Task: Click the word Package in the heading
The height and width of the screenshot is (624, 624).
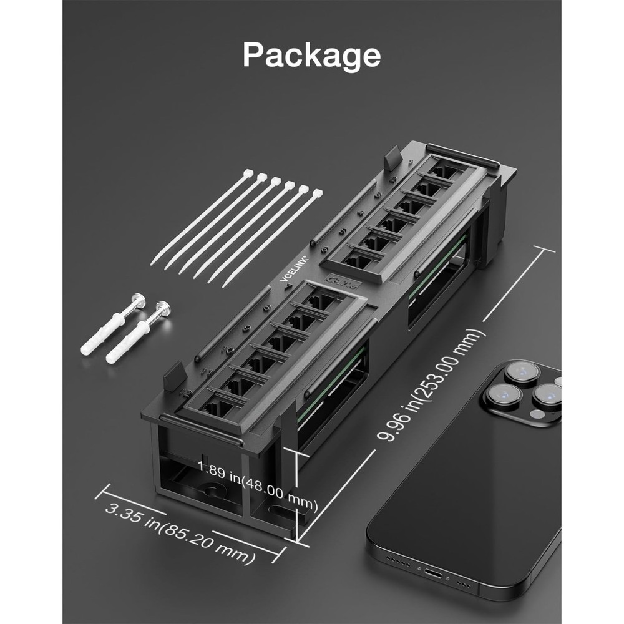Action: pos(311,55)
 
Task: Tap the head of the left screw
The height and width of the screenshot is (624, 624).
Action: pos(139,301)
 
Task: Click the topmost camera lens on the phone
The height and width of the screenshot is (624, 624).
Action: pos(522,373)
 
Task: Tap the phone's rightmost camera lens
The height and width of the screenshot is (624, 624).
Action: pos(547,395)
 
